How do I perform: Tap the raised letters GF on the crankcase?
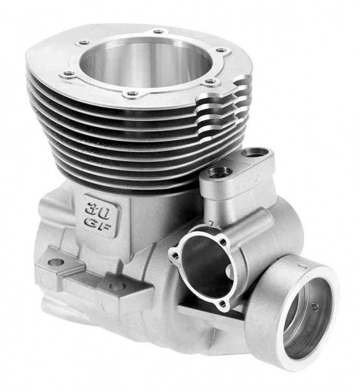97,224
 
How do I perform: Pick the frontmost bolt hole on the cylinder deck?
132,94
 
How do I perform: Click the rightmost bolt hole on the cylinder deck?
220,51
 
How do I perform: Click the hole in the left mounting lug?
56,262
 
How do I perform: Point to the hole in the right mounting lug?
117,286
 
